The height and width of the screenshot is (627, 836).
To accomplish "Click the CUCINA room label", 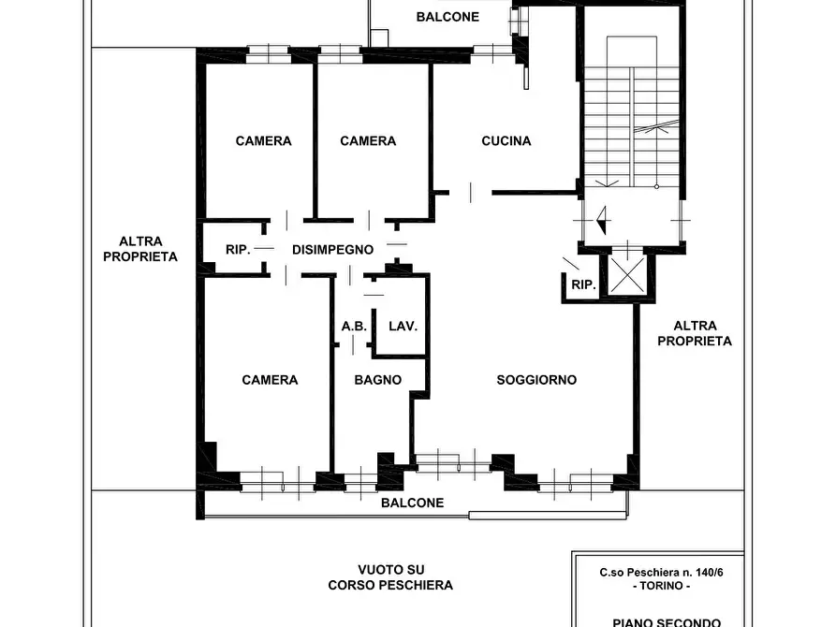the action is [506, 140].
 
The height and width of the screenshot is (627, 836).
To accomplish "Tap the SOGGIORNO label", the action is [536, 380].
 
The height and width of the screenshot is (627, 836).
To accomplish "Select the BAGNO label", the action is [378, 380].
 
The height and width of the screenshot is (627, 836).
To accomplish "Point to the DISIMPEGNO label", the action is [332, 249].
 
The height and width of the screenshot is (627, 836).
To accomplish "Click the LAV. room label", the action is [403, 326].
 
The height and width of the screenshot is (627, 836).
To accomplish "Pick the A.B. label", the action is [354, 326].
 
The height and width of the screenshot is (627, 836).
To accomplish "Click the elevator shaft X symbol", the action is [627, 274].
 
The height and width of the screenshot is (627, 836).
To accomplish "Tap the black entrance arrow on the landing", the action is [602, 220].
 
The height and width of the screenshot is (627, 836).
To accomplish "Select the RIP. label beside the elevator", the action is [583, 284].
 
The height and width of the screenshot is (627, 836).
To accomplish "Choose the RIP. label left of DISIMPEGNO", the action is [238, 249].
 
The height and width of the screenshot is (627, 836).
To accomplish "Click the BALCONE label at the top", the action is [447, 17].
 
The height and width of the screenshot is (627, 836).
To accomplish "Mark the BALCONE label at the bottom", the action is [412, 503].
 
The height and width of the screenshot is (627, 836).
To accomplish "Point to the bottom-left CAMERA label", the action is [270, 380].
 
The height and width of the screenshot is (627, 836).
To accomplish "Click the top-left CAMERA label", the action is [263, 140].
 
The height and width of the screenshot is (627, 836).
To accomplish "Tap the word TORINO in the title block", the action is [661, 586].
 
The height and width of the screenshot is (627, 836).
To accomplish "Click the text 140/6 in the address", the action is [708, 573].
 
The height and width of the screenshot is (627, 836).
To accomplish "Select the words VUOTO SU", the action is [390, 569].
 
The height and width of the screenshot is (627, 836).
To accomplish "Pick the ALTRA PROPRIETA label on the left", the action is [140, 249].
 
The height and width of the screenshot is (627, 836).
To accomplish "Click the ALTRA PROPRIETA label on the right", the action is [695, 333].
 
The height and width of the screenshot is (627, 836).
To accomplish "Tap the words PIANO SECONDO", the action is [667, 622].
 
